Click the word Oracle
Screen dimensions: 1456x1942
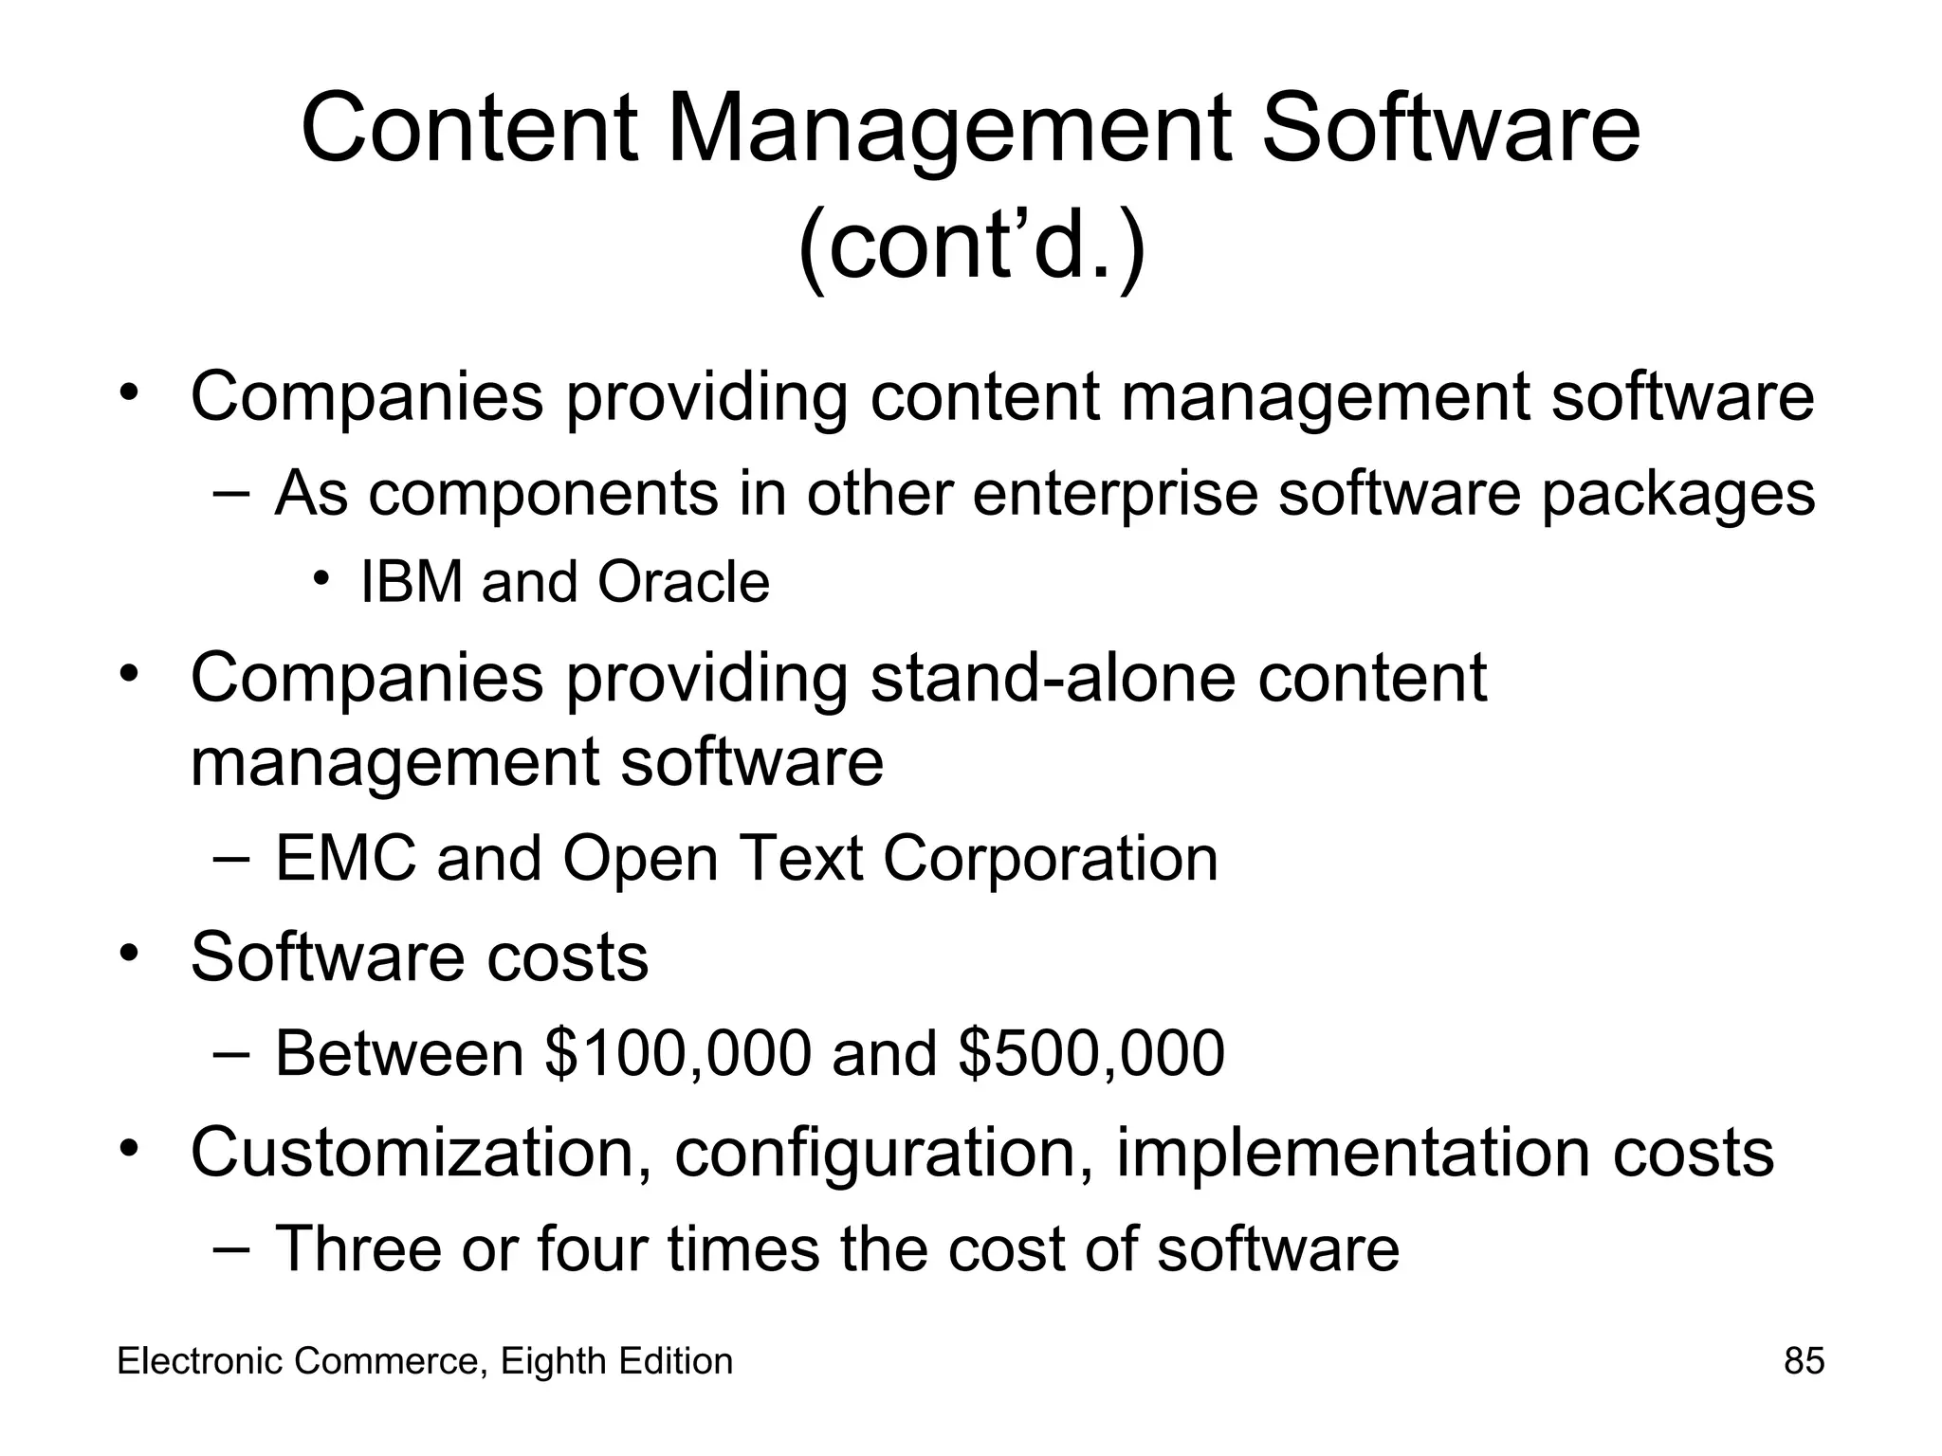tap(683, 581)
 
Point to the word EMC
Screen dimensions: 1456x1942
tap(345, 859)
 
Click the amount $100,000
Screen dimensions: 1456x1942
tap(678, 1052)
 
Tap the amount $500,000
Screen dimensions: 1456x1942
tap(1091, 1052)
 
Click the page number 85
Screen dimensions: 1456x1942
tap(1804, 1361)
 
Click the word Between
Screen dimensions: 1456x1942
tap(399, 1052)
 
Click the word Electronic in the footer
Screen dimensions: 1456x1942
tap(200, 1361)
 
